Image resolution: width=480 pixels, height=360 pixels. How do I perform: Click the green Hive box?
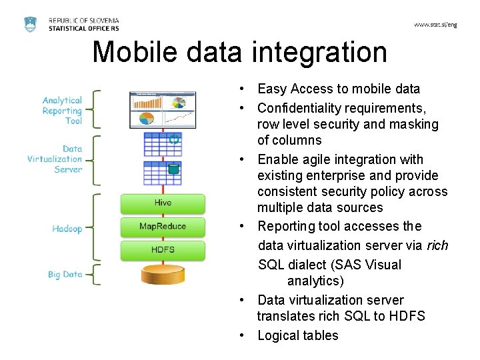point(163,203)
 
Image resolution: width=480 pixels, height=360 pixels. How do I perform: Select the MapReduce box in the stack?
point(163,227)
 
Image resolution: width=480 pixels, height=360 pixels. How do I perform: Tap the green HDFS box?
point(163,250)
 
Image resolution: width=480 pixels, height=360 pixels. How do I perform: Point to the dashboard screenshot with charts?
point(163,110)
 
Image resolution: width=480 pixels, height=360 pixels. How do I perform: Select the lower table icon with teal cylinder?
point(163,173)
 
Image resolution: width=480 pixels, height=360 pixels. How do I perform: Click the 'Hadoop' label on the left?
point(67,229)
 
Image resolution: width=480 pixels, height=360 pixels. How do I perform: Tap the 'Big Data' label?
point(65,274)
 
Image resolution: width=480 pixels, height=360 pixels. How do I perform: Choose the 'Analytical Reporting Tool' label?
point(63,111)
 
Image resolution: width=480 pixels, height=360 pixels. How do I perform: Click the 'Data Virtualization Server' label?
point(56,159)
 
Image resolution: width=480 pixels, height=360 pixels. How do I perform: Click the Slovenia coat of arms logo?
point(31,24)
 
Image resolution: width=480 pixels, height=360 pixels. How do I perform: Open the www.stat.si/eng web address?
point(435,25)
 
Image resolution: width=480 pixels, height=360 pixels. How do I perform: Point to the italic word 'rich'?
point(437,245)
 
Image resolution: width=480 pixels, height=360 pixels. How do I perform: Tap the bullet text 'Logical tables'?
point(298,335)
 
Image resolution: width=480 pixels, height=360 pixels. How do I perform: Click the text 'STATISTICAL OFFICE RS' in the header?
point(84,29)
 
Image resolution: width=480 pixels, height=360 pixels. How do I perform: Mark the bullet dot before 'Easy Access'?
point(245,89)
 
